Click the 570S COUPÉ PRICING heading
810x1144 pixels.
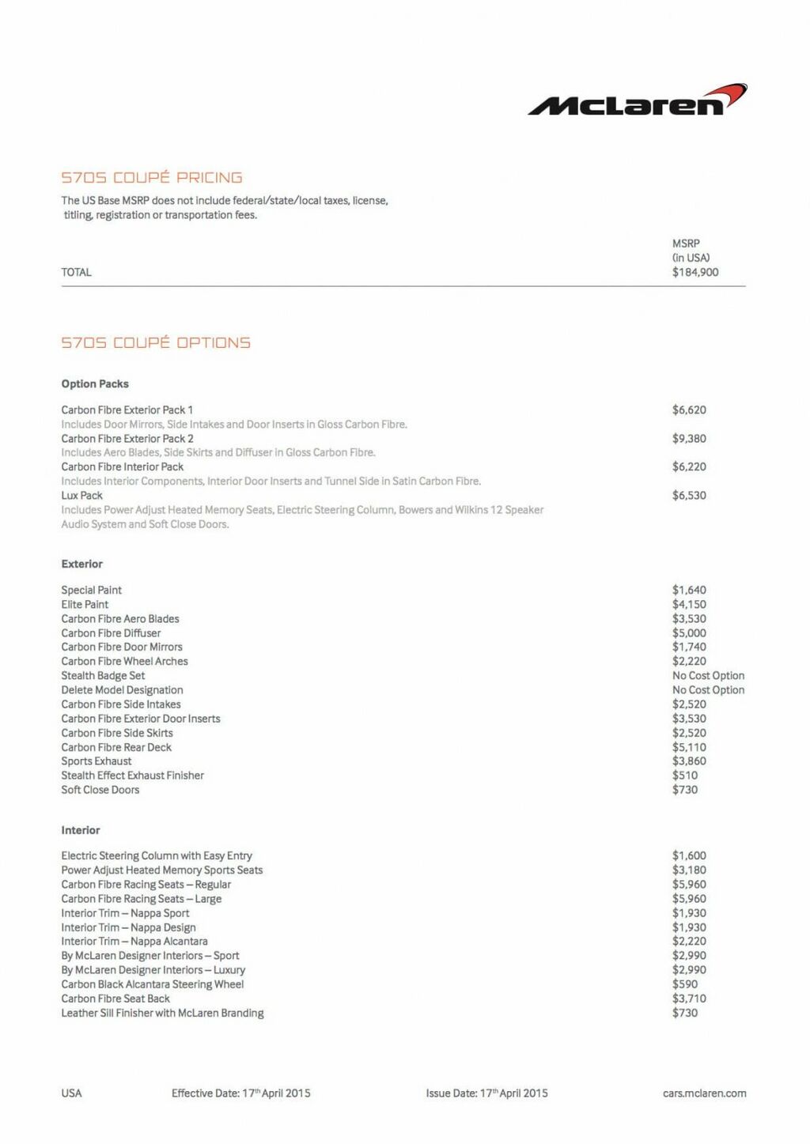click(152, 178)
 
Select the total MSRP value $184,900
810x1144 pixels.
click(695, 272)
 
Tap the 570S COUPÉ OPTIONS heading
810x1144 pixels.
click(156, 343)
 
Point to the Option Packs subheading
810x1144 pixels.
click(95, 384)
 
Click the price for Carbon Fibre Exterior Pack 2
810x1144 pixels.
click(689, 439)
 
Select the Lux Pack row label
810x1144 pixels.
click(82, 496)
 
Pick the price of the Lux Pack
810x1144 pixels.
click(689, 496)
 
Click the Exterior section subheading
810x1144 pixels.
click(82, 564)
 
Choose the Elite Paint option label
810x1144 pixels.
click(85, 605)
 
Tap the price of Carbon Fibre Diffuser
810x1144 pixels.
click(689, 633)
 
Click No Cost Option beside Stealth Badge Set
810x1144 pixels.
click(708, 676)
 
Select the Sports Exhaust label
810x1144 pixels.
click(97, 761)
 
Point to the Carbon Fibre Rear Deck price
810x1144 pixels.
click(689, 747)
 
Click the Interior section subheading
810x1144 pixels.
click(81, 830)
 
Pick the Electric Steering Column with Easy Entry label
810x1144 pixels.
click(157, 855)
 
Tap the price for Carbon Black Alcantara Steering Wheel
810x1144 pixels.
click(685, 984)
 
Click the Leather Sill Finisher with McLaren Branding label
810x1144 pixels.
click(162, 1013)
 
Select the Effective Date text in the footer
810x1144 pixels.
click(240, 1093)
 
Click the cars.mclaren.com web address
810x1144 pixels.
click(704, 1093)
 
